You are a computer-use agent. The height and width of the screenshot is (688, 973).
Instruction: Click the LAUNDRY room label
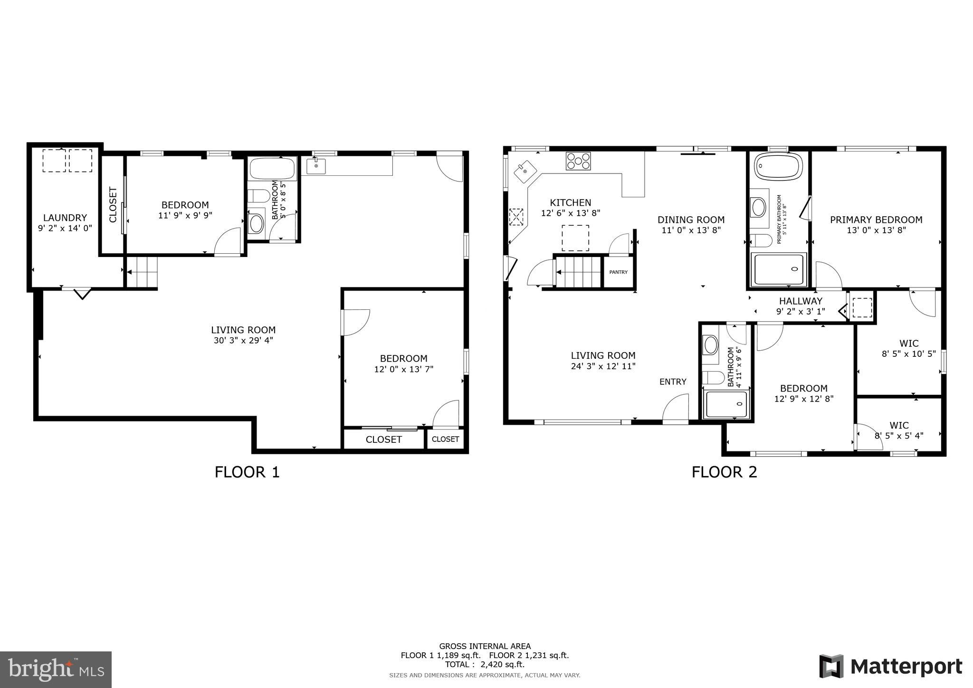[x=65, y=218]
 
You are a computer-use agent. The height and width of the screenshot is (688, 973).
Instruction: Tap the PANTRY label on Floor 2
[x=618, y=272]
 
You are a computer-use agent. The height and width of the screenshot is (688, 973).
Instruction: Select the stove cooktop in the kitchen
[x=578, y=161]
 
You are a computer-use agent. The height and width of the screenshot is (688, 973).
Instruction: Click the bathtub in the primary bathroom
[x=778, y=166]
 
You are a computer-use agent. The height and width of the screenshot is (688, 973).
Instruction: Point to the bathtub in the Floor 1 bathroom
[x=272, y=168]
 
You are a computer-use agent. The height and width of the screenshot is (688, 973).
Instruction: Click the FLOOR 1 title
[x=247, y=472]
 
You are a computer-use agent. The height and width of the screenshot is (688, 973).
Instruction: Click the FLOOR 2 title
[x=724, y=472]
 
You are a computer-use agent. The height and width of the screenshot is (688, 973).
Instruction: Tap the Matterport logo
[x=891, y=667]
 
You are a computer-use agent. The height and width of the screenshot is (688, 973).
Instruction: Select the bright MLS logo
[x=56, y=670]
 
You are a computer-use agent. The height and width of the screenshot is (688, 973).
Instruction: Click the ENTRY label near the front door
[x=673, y=382]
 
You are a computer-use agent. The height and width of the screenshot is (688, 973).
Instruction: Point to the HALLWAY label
[x=800, y=301]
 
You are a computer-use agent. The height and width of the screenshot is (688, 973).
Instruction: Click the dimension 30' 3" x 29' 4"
[x=243, y=340]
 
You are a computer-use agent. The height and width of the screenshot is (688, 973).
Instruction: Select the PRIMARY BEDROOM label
[x=876, y=220]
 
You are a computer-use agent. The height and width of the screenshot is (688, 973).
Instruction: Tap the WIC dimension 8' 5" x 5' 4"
[x=899, y=435]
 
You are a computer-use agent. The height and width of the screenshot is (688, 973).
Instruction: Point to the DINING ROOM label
[x=691, y=220]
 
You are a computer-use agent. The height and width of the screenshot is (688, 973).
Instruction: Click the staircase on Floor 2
[x=578, y=272]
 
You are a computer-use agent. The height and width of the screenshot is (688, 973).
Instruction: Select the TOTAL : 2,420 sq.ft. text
[x=485, y=665]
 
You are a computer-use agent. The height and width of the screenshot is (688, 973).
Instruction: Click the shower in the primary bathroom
[x=779, y=269]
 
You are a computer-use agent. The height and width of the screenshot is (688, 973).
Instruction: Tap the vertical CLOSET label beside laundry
[x=113, y=205]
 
